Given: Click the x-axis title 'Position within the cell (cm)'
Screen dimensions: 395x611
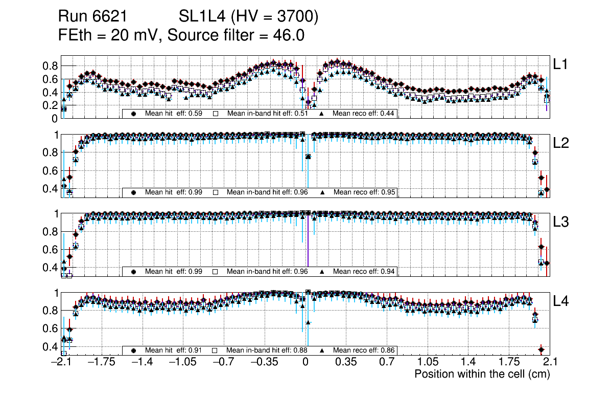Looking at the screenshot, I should [x=482, y=374].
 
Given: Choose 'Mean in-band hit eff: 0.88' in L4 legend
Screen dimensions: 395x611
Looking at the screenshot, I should [x=267, y=350].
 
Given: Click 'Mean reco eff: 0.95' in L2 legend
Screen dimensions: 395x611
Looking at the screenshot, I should [x=364, y=192].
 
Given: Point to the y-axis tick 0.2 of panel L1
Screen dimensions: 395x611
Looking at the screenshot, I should [x=51, y=105].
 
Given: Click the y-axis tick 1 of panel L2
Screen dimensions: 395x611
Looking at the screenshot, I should [x=56, y=135].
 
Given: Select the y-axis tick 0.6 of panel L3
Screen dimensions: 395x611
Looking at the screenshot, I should [x=51, y=250].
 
